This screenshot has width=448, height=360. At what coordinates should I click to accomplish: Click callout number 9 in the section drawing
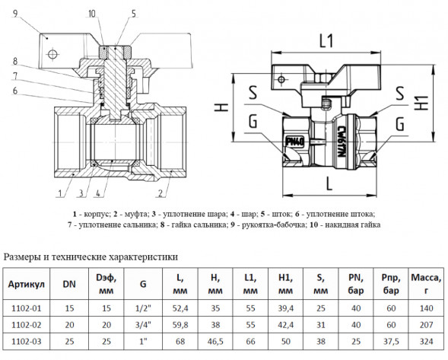(15, 14)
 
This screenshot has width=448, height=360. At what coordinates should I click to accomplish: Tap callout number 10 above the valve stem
(92, 14)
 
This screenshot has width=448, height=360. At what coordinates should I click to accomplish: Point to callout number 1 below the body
(60, 193)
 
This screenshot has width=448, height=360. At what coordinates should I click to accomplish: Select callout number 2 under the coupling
(160, 193)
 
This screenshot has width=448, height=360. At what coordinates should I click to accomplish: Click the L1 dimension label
(326, 41)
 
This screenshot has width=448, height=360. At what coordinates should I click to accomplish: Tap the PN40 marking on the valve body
(295, 142)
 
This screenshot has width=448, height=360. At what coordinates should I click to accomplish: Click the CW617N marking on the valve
(341, 142)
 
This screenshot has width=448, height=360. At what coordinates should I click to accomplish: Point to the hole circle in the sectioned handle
(52, 54)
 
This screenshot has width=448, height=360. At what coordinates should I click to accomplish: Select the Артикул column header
(27, 284)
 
